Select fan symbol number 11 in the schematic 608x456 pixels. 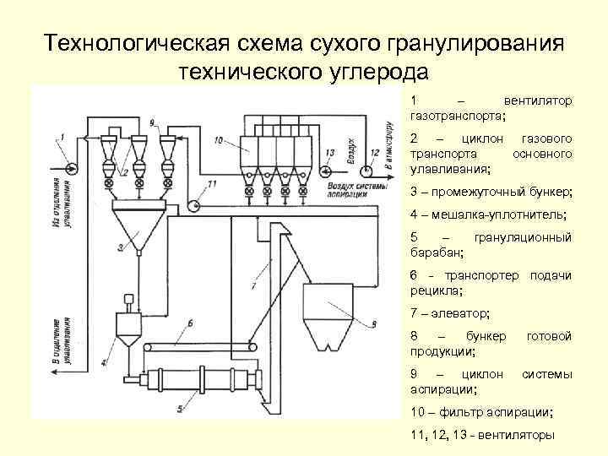(195, 204)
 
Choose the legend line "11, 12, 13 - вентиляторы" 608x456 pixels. (481, 436)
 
